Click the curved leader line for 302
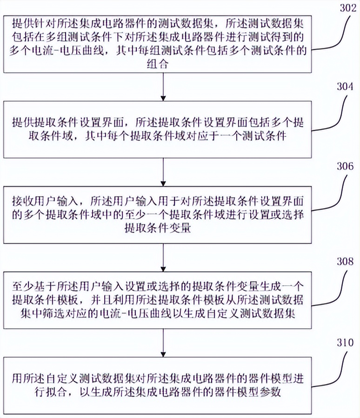point(335,33)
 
